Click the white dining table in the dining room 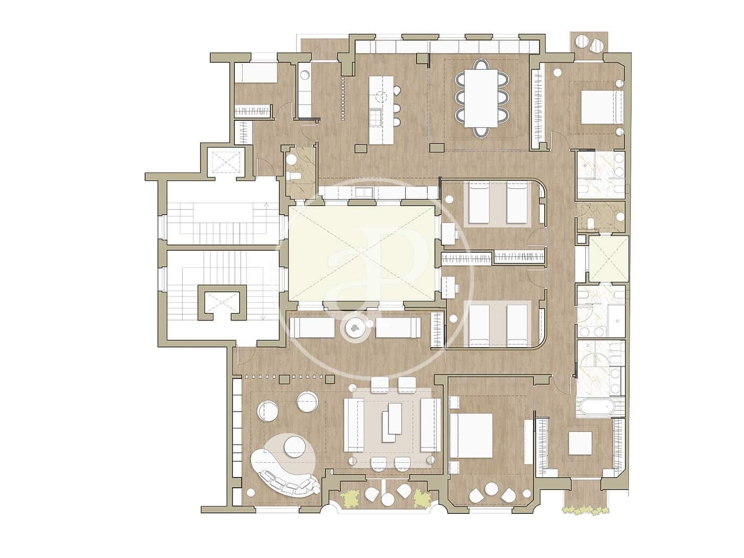point(481,98)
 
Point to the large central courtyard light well point(361,253)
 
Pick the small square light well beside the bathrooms point(609,258)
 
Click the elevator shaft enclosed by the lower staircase point(222,302)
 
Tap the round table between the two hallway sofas point(354,328)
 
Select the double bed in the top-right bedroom point(602,107)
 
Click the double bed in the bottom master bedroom point(471,435)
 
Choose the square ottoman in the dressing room point(580,443)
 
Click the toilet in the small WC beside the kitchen point(293,176)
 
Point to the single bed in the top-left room point(256,72)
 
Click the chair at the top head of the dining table point(481,64)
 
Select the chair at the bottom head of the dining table point(481,132)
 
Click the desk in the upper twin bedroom point(448,233)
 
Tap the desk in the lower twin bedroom point(448,287)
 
